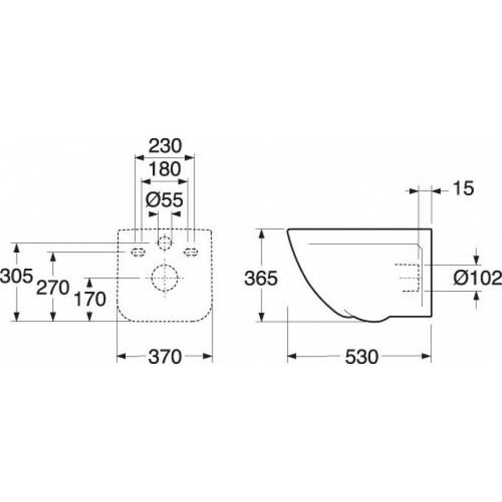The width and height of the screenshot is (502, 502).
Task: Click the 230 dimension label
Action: pos(165,146)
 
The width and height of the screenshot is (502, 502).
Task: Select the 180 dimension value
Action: pos(165,169)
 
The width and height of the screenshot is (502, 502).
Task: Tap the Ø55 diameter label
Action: pos(164,200)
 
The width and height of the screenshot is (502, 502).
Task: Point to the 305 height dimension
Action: pos(16,275)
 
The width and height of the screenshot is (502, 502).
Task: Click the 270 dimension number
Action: pos(53,287)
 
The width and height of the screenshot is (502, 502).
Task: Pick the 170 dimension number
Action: pos(89,300)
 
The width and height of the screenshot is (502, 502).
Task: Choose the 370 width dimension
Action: pos(165,357)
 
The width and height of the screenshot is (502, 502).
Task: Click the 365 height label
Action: pos(261,278)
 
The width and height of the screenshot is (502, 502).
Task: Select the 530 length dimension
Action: pos(362,357)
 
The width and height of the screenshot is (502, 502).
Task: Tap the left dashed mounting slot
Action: pos(138,253)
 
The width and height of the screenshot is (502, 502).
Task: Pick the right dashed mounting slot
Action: pos(190,253)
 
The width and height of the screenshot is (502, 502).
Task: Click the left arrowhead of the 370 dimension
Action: pos(121,356)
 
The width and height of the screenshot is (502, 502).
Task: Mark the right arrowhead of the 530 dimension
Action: pos(427,356)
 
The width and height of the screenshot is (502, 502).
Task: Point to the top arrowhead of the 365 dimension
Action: pos(261,234)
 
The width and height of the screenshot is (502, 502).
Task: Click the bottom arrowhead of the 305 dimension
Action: pos(17,316)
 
